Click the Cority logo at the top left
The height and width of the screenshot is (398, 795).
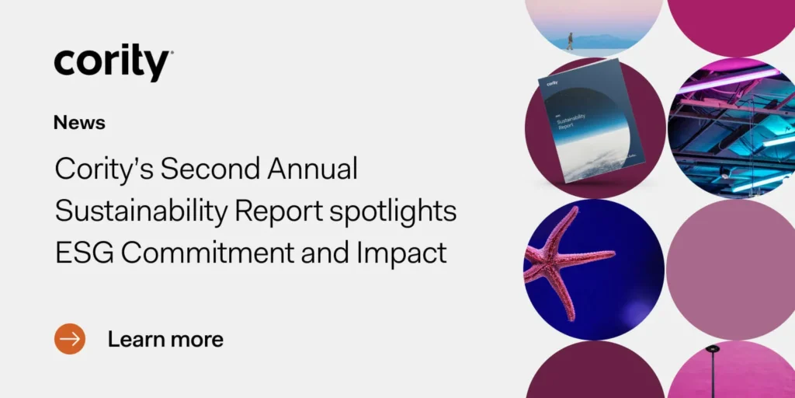tap(113, 62)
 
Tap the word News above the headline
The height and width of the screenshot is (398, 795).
tap(79, 123)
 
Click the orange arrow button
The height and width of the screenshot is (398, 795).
tap(70, 339)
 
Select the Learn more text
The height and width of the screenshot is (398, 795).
tap(165, 339)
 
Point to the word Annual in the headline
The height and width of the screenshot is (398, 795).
tap(319, 169)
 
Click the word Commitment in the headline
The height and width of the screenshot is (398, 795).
tap(213, 253)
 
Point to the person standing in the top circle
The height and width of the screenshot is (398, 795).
tap(570, 40)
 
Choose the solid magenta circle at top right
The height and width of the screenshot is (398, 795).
tap(731, 19)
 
